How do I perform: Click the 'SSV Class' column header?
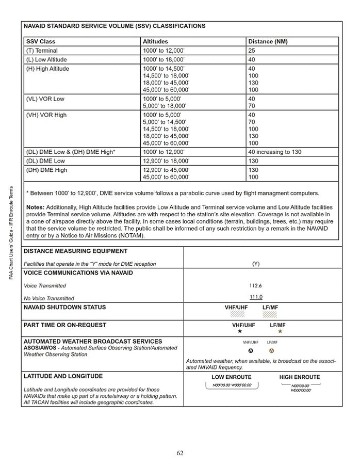[x=41, y=41]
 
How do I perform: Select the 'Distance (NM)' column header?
[x=268, y=41]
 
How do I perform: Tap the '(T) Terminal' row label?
[x=42, y=51]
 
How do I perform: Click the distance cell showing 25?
[x=252, y=51]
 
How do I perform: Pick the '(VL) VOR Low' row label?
[x=45, y=99]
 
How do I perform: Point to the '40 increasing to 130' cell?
[x=274, y=152]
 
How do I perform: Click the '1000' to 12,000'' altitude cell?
[x=163, y=51]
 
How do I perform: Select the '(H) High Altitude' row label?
[x=47, y=69]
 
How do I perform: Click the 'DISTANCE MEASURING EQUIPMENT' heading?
[x=76, y=251]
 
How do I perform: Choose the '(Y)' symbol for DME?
[x=256, y=264]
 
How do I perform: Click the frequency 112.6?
[x=256, y=285]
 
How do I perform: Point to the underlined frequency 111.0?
[x=256, y=297]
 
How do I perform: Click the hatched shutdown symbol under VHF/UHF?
[x=237, y=313]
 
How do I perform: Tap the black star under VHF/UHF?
[x=240, y=332]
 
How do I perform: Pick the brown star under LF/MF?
[x=280, y=332]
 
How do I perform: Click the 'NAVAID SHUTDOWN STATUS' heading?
[x=65, y=308]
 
